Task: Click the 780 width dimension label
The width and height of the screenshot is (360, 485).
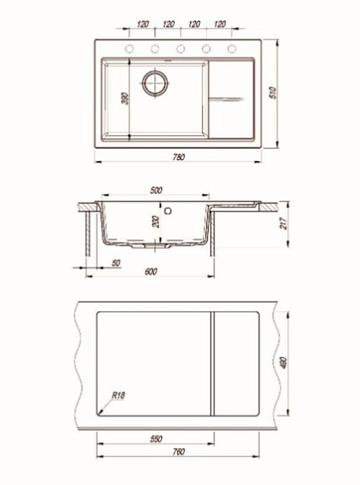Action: [x=179, y=157]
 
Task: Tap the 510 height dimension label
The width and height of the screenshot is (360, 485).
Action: [x=273, y=93]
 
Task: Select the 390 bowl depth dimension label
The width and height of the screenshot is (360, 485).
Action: [x=125, y=99]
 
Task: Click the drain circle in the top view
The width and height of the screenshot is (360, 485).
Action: [x=155, y=82]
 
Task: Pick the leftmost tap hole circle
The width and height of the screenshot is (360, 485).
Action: [x=129, y=48]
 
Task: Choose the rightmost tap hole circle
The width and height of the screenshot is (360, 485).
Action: [x=232, y=48]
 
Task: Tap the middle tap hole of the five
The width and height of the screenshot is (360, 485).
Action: [x=180, y=48]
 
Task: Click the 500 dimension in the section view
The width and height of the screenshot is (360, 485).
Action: [x=156, y=190]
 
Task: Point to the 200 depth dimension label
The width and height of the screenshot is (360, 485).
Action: [x=156, y=221]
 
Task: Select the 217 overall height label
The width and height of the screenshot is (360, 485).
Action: [x=283, y=223]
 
